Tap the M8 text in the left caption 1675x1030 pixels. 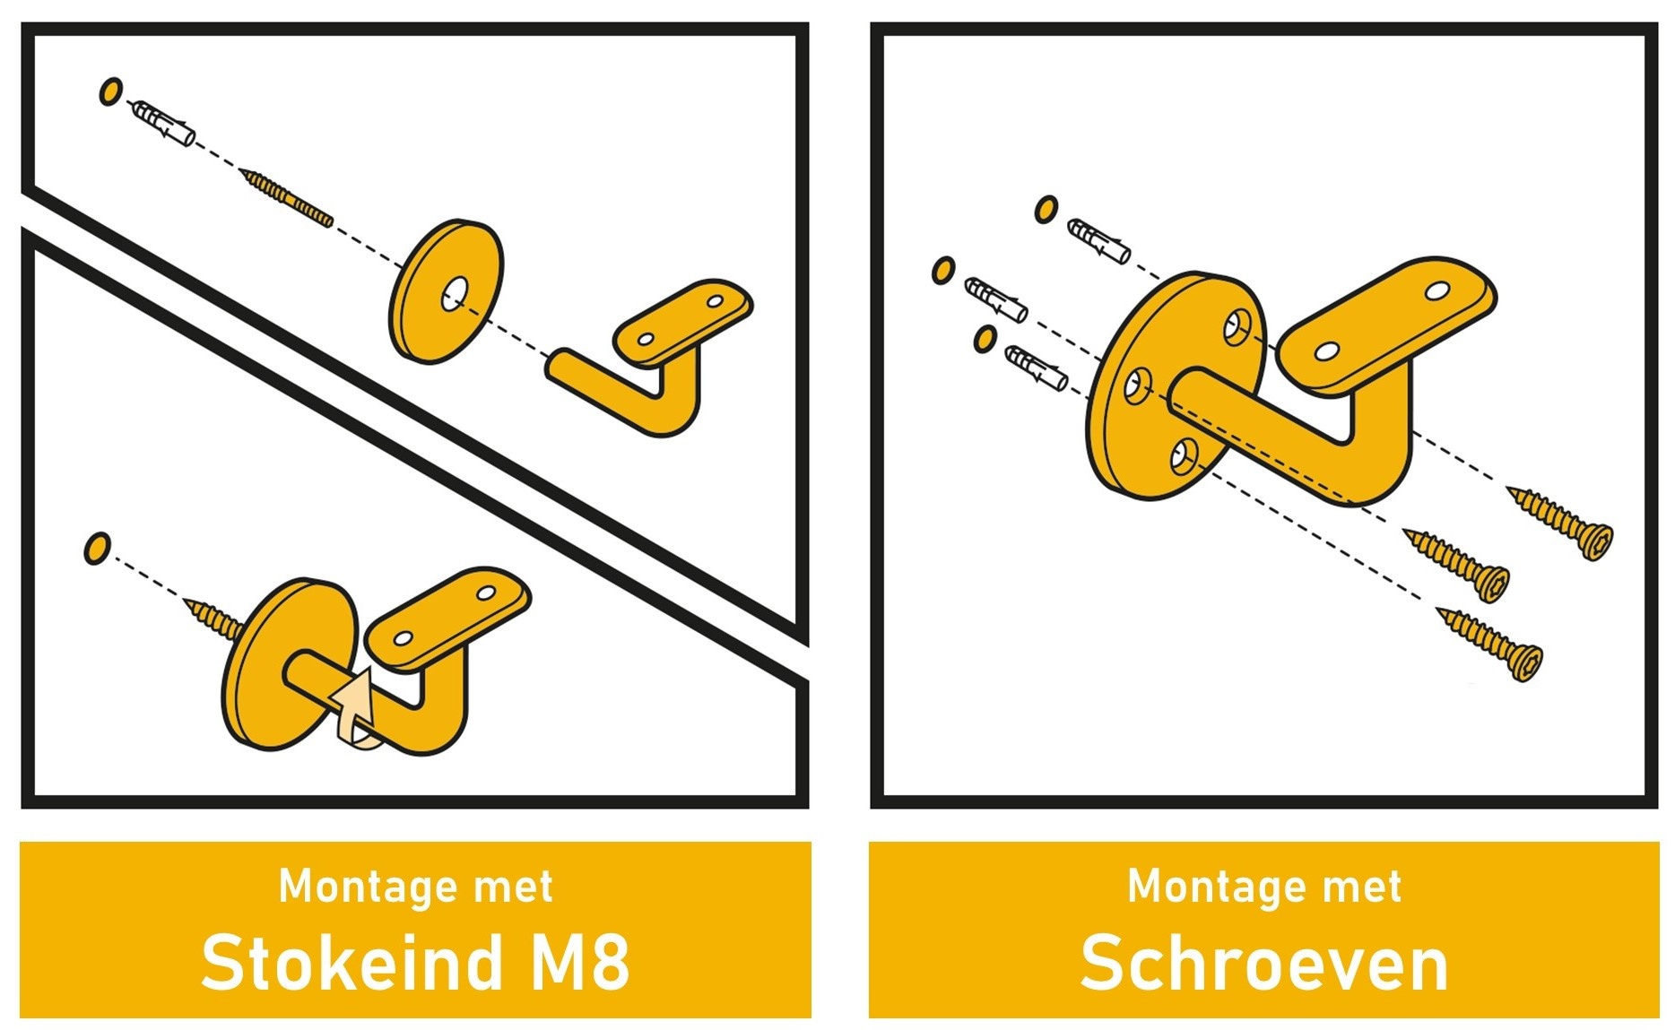pyautogui.click(x=580, y=963)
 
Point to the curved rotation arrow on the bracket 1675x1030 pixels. pyautogui.click(x=355, y=709)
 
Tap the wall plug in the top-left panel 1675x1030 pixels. pyautogui.click(x=162, y=124)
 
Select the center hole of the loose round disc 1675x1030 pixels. pyautogui.click(x=455, y=292)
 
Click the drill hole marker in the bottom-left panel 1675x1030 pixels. pyautogui.click(x=97, y=549)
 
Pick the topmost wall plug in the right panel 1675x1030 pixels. pyautogui.click(x=1098, y=240)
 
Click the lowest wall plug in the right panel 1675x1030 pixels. pyautogui.click(x=1036, y=368)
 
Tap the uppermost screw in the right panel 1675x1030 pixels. pyautogui.click(x=1560, y=522)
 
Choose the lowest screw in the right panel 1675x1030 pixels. pyautogui.click(x=1490, y=643)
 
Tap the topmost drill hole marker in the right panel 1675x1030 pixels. pyautogui.click(x=1046, y=210)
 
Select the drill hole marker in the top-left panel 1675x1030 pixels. pyautogui.click(x=110, y=91)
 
